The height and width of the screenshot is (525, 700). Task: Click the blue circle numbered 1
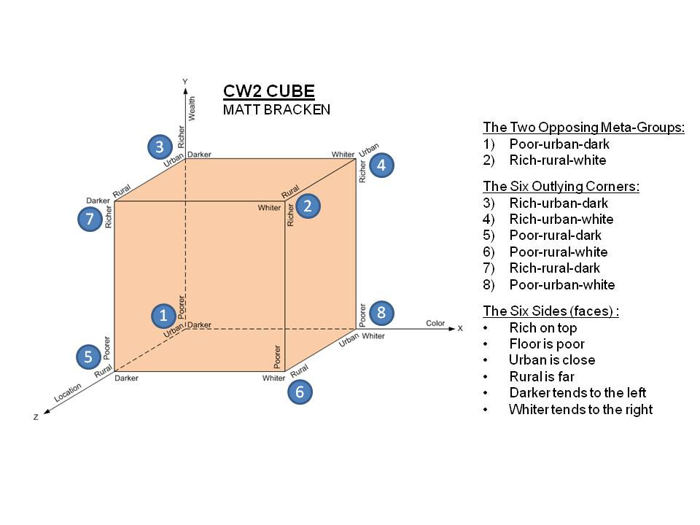coord(163,315)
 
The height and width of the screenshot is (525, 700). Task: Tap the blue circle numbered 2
coord(308,206)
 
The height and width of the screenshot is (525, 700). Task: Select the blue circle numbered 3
coord(159,147)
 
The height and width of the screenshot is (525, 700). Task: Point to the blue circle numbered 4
coord(381,166)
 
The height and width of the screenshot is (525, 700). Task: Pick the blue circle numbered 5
coord(88,357)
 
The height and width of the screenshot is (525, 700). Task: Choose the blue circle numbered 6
coord(300,392)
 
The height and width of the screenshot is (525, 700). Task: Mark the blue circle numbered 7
coord(90,218)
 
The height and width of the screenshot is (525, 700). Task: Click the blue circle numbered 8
coord(381,313)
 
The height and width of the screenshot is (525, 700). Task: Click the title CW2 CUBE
coord(269,91)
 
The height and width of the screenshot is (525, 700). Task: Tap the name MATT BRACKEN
coord(276,109)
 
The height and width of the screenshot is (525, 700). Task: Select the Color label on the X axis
coord(435,323)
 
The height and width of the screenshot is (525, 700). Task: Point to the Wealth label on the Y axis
coord(192,108)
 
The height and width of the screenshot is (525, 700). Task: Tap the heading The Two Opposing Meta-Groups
coord(584,128)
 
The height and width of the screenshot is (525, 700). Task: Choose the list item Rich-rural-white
coord(557,160)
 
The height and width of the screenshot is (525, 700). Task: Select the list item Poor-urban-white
coord(561,285)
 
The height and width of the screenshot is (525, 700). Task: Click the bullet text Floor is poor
coord(546,344)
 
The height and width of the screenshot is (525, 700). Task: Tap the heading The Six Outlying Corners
coord(561,187)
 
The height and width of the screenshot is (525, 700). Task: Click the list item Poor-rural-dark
coord(555,236)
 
